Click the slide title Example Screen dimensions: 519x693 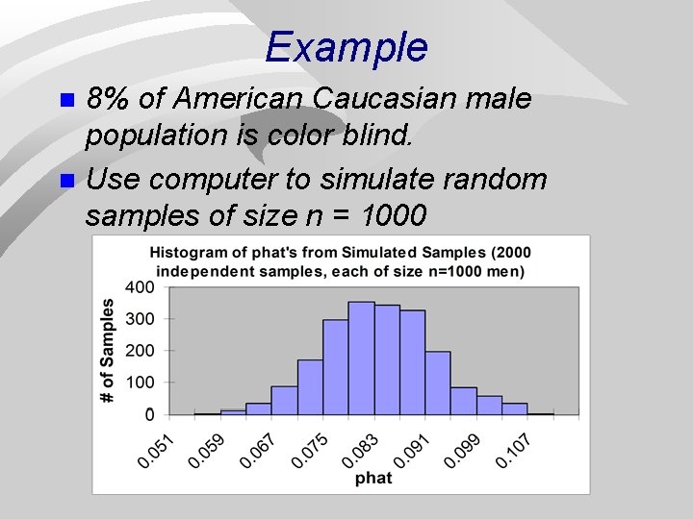[x=346, y=46]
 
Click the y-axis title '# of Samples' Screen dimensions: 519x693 [x=108, y=350]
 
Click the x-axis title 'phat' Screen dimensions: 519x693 [x=373, y=478]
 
